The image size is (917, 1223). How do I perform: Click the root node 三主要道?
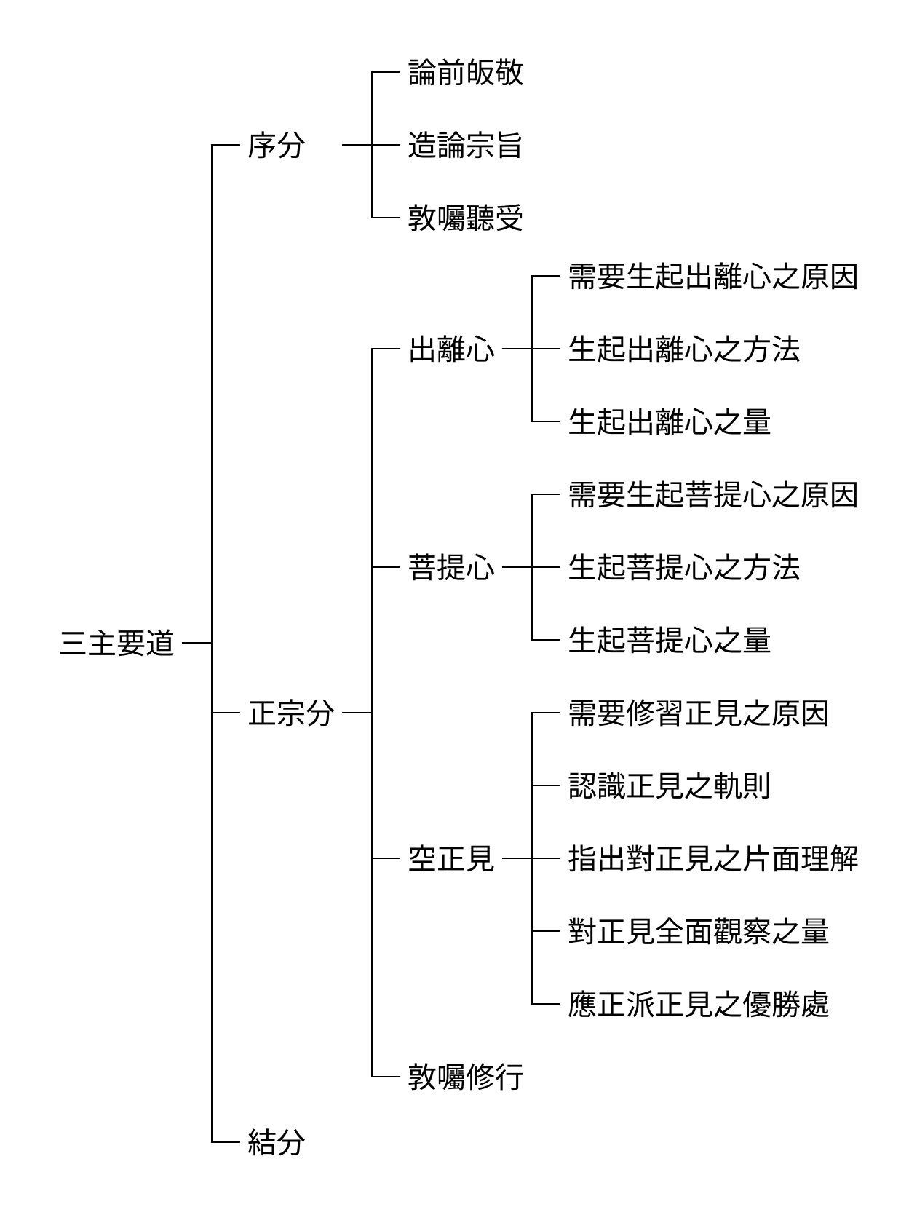(117, 643)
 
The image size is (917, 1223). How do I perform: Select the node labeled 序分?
(277, 146)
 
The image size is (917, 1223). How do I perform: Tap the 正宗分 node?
(291, 713)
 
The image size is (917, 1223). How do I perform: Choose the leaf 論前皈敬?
(466, 72)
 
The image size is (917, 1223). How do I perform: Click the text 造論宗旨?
(466, 146)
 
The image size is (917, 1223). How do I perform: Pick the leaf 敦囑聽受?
(466, 218)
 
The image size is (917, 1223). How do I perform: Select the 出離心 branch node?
(451, 349)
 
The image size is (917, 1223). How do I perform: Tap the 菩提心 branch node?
(451, 567)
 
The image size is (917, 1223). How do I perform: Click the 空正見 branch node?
(451, 858)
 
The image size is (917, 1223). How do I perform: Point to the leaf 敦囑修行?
(466, 1077)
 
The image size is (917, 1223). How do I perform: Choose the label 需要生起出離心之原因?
(713, 277)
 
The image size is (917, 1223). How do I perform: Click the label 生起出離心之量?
(670, 421)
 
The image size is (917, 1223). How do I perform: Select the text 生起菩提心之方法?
(684, 567)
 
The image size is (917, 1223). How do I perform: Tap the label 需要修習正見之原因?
(699, 713)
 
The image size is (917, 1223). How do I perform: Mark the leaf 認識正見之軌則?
(670, 785)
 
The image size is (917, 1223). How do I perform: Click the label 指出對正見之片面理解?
(713, 858)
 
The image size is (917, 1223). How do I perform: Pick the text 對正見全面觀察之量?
(699, 931)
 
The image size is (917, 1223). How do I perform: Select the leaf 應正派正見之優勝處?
(699, 1004)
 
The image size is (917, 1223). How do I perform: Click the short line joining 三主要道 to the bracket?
(197, 643)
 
